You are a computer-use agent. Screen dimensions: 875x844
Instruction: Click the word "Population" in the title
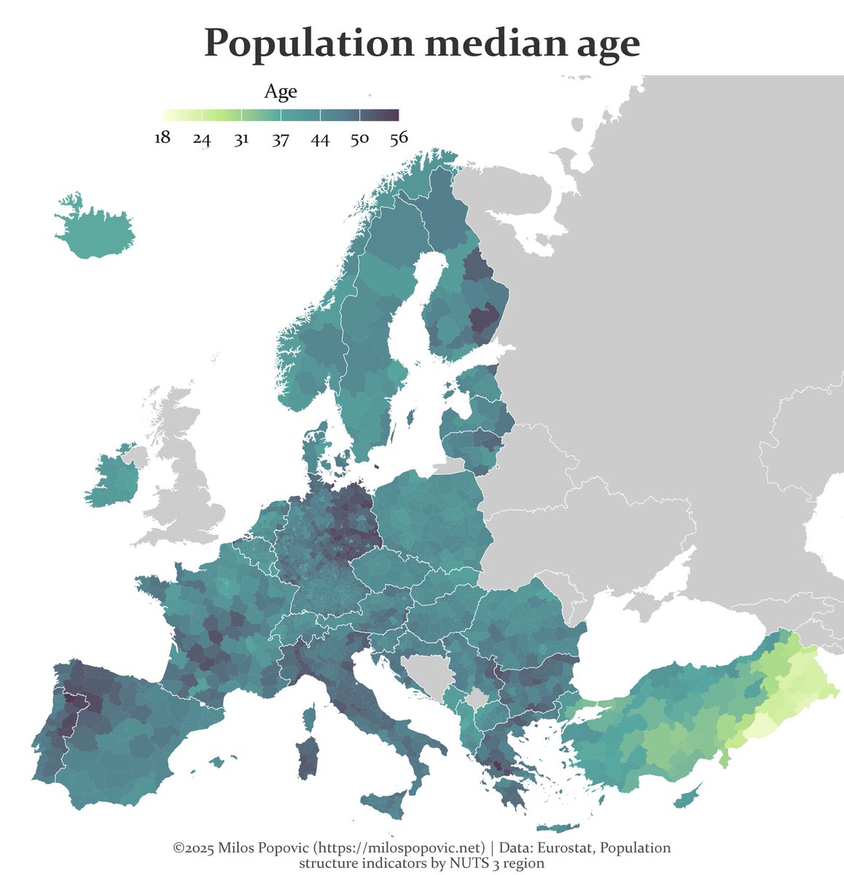pyautogui.click(x=308, y=45)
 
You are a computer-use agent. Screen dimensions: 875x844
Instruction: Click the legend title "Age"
pyautogui.click(x=280, y=92)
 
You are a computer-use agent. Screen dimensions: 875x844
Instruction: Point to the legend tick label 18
pyautogui.click(x=163, y=139)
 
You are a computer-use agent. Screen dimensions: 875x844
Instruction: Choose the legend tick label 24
pyautogui.click(x=202, y=139)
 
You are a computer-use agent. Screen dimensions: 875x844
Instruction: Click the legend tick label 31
pyautogui.click(x=241, y=139)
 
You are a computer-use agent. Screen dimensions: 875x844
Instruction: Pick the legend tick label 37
pyautogui.click(x=281, y=139)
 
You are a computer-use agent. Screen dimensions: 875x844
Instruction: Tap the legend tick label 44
pyautogui.click(x=320, y=139)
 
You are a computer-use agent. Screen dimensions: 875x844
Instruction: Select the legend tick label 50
pyautogui.click(x=359, y=139)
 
